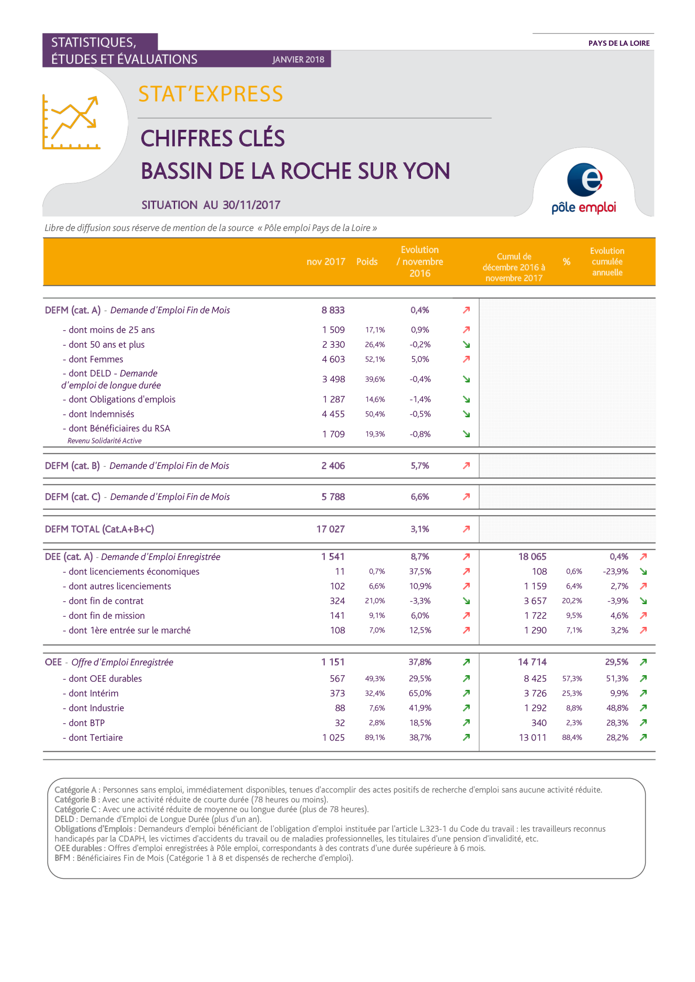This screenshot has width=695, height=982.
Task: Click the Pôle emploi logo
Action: pos(584,188)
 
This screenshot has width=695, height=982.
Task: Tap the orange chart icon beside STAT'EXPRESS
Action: pos(71,122)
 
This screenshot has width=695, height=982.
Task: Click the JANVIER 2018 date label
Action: pos(298,60)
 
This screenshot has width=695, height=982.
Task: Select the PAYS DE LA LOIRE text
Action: pos(619,43)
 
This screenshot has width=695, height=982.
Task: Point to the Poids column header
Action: pos(367,262)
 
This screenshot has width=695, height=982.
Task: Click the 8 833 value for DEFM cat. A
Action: pos(333,310)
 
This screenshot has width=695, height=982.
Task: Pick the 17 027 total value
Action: pos(330,529)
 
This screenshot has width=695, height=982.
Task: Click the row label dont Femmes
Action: pos(95,359)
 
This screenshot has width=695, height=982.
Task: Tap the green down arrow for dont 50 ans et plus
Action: pos(466,345)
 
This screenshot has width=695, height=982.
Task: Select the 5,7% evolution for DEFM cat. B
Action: pos(420,466)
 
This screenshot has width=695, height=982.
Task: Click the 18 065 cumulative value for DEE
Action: pos(532,557)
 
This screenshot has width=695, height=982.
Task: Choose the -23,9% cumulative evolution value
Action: pos(616,571)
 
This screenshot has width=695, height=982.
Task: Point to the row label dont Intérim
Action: pos(93,693)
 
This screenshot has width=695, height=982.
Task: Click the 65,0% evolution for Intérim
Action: pos(420,693)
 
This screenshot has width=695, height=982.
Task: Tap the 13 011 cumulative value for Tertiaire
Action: pos(532,737)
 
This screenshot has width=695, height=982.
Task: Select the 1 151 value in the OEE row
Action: pos(333,662)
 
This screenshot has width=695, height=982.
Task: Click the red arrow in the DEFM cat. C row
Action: pos(466,497)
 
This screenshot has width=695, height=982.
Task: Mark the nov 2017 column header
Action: pos(326,262)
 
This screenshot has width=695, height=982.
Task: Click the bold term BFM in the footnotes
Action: pos(62,858)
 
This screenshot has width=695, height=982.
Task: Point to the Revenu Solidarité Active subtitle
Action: pos(105,441)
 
